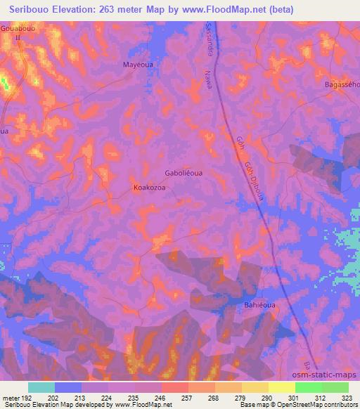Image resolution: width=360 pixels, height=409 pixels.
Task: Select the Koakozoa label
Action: point(150,188)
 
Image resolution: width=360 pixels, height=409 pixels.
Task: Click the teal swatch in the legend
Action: point(41,387)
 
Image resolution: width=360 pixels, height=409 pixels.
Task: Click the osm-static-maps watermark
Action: point(330,375)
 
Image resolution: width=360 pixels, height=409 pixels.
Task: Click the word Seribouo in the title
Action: point(27,10)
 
